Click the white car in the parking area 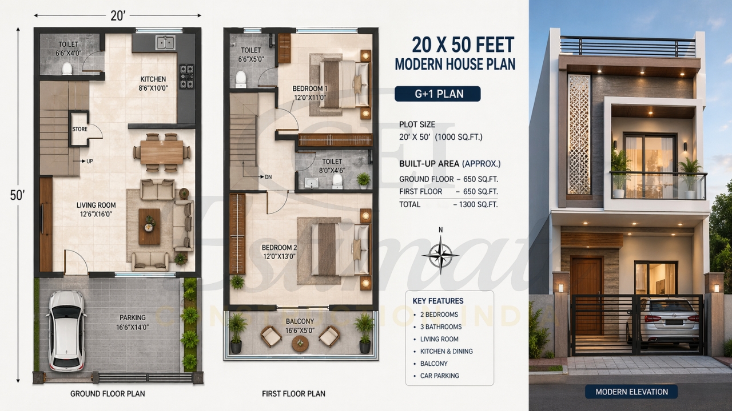pos(66,331)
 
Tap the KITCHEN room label pos(153,79)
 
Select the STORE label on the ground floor pos(80,129)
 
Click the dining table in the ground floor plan pos(162,152)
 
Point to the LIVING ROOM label pos(96,205)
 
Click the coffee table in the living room pos(149,226)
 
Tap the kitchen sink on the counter pos(165,42)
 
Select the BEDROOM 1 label pos(309,88)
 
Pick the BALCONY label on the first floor pos(300,321)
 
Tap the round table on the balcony pos(300,343)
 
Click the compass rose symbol pos(440,255)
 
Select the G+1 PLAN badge pos(437,94)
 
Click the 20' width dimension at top pos(118,16)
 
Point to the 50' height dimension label pos(18,195)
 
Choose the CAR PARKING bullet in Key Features pos(439,376)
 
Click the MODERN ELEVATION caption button pos(631,392)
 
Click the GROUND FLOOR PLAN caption pos(108,394)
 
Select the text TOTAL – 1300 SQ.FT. pos(448,204)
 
